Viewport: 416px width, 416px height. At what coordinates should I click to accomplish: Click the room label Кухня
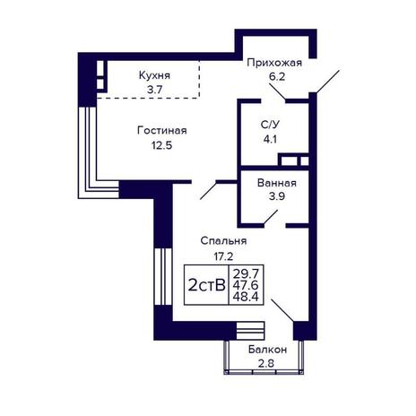154,75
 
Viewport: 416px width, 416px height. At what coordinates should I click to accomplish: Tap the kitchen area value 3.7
154,90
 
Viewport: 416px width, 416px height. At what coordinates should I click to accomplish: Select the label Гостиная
162,131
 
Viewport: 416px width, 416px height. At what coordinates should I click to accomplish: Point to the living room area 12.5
161,145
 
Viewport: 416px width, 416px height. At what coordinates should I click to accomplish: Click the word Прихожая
274,63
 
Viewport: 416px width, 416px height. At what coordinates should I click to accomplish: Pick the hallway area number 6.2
277,77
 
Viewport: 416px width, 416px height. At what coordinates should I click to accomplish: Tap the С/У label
270,125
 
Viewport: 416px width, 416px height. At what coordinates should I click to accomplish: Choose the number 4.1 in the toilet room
270,139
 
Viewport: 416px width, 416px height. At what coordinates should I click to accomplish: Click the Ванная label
277,183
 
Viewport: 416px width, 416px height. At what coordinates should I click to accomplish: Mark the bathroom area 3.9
277,196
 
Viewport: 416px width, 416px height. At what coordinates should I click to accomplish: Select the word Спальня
223,241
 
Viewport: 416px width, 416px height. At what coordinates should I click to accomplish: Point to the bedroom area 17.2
223,256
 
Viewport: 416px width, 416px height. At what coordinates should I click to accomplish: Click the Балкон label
267,350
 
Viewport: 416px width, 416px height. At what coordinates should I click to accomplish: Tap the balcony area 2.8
266,364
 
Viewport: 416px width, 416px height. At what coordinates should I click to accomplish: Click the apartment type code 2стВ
206,285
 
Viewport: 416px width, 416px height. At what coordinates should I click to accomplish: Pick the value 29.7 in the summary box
246,273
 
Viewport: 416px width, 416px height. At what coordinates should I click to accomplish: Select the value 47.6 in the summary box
246,285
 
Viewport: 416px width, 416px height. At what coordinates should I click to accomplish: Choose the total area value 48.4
246,297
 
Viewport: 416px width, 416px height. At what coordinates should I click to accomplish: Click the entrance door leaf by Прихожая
327,82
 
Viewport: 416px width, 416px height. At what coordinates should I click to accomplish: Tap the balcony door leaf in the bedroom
282,310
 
